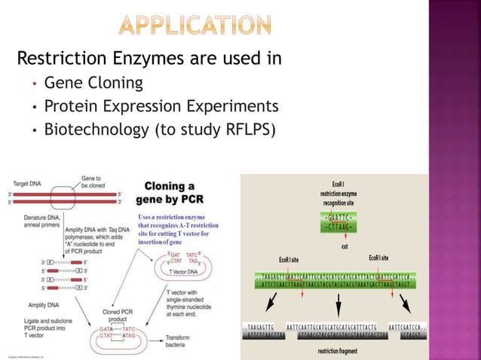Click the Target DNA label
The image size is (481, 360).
coord(26,183)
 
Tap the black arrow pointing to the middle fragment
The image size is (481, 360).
coord(337,304)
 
